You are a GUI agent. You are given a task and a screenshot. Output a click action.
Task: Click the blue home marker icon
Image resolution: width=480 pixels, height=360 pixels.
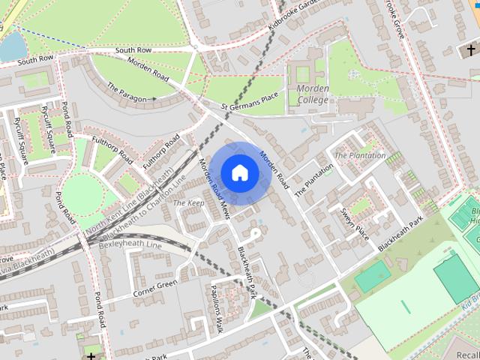[239, 173]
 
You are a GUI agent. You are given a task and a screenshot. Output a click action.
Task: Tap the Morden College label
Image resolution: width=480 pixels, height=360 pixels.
[313, 94]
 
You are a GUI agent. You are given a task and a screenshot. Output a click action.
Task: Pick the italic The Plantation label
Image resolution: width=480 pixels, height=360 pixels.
[360, 156]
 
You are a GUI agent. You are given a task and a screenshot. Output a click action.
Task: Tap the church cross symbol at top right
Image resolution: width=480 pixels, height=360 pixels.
[470, 49]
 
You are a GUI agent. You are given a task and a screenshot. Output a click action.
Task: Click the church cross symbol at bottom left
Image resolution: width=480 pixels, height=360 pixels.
[91, 355]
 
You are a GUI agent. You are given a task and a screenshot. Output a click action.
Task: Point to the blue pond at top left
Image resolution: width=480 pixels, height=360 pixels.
[12, 47]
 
